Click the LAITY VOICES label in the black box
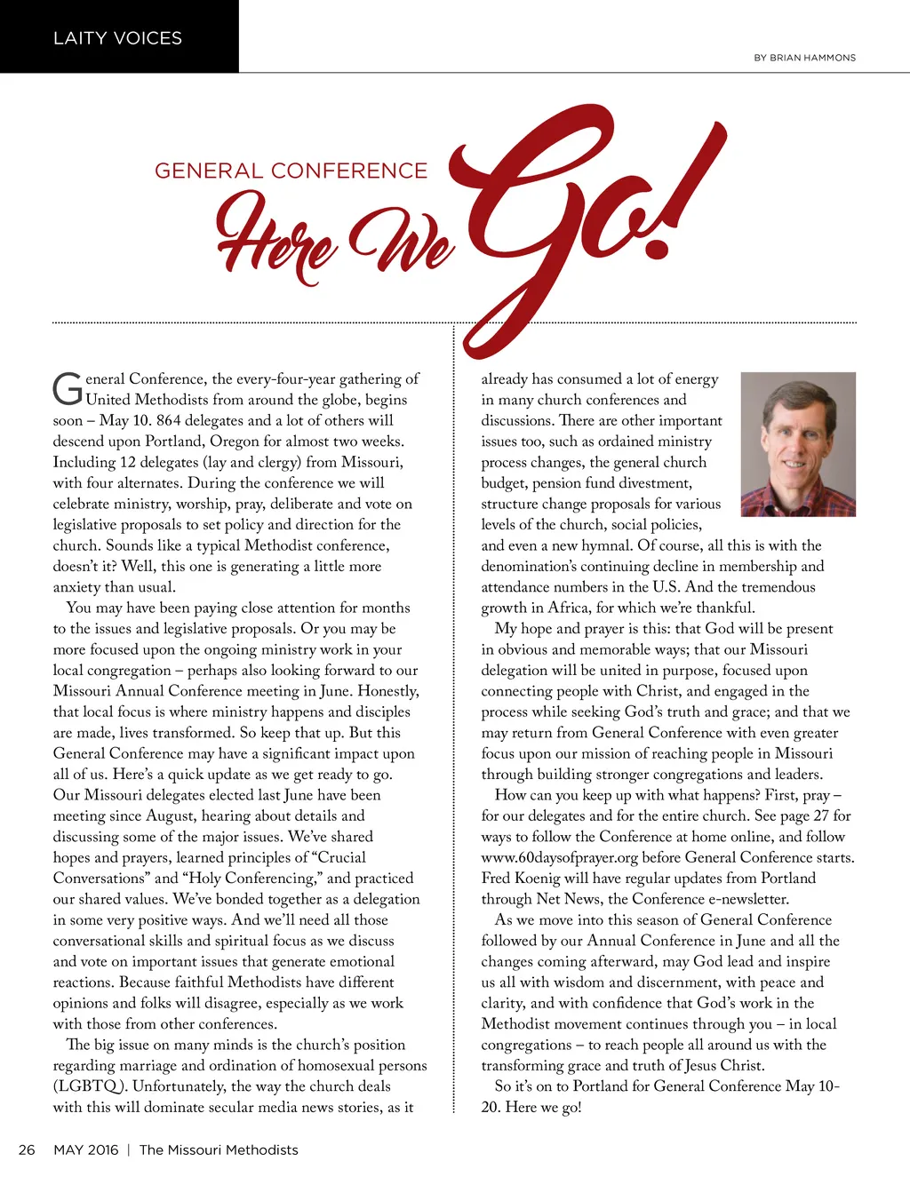(117, 38)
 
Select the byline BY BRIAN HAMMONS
(804, 58)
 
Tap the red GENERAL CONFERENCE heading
(291, 171)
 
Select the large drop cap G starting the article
(68, 388)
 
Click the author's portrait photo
(798, 444)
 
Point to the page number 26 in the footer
(28, 1149)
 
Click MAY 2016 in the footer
(85, 1149)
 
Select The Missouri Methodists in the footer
(219, 1149)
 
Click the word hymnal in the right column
(607, 545)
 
